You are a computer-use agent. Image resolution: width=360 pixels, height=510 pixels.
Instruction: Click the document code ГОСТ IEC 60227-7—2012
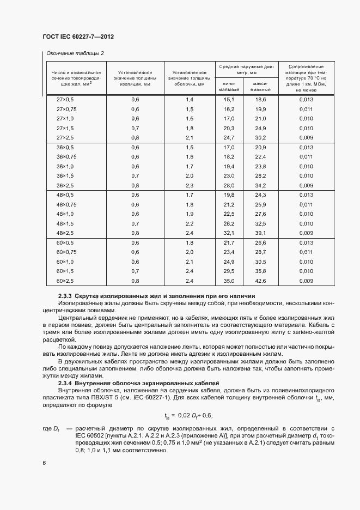(x=77, y=37)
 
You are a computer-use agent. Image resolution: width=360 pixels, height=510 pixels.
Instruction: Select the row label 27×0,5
(x=65, y=100)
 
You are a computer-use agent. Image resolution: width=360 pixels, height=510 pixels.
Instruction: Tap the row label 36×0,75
(x=65, y=157)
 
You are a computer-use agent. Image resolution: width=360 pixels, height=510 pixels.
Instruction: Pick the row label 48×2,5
(x=65, y=233)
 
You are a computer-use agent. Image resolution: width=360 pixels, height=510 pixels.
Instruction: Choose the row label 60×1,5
(x=65, y=271)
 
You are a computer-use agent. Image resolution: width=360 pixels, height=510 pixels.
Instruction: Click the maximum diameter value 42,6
(x=260, y=281)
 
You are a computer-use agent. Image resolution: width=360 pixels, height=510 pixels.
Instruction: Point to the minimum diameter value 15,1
(x=229, y=100)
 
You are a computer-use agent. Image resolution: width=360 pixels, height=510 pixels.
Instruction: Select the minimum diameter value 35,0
(x=229, y=281)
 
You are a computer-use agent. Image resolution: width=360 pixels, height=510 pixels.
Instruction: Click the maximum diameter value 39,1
(x=260, y=233)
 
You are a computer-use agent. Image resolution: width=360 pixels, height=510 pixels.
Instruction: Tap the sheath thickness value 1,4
(x=190, y=100)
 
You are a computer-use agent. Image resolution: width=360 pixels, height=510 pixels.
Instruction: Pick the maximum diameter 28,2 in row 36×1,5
(x=260, y=176)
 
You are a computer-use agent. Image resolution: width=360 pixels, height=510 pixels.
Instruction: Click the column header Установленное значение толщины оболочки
(x=188, y=78)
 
